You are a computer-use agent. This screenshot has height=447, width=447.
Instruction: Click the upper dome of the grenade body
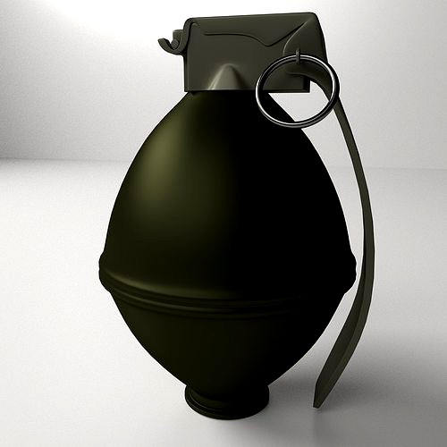pos(223,170)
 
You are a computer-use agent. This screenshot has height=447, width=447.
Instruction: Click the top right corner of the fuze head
pos(313,16)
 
